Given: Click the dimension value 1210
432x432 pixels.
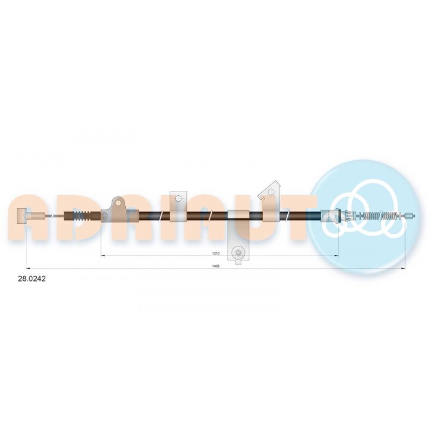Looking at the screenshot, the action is coord(216,253).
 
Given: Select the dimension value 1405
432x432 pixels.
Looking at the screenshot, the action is coord(216,266).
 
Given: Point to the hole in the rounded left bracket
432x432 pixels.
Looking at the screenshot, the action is coord(118,203).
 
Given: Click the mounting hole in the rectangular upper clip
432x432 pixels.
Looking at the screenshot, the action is coord(178,198).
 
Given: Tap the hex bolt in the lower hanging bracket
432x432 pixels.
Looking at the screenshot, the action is coord(238,252).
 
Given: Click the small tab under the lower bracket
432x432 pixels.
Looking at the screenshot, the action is coord(238,263).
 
